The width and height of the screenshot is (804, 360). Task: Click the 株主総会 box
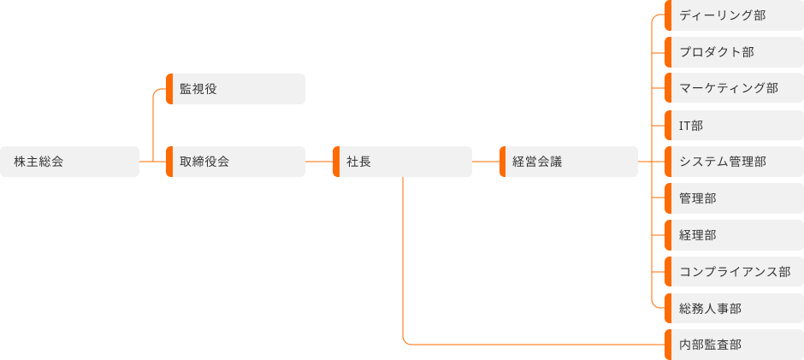69,162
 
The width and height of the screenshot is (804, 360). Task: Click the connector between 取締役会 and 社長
318,162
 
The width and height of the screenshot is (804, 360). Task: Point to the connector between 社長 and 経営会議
485,162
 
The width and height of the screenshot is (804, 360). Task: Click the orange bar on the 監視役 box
169,89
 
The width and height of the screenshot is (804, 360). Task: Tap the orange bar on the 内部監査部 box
668,345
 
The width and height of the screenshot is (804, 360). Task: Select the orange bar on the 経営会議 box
502,162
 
